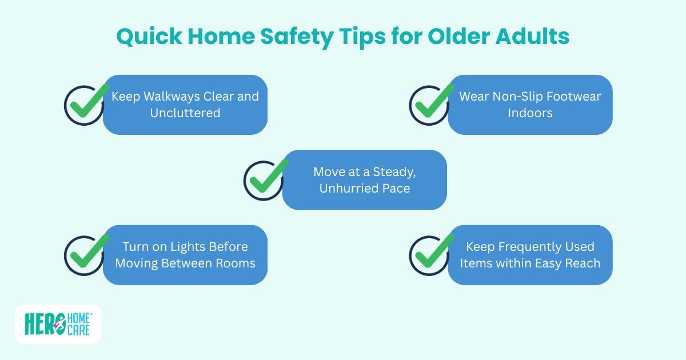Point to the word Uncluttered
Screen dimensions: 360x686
click(x=185, y=113)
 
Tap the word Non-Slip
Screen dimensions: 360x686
click(x=517, y=96)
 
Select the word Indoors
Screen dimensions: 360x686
click(x=530, y=113)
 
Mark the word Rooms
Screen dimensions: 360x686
click(x=234, y=263)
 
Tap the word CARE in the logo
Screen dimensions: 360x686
click(x=79, y=331)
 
